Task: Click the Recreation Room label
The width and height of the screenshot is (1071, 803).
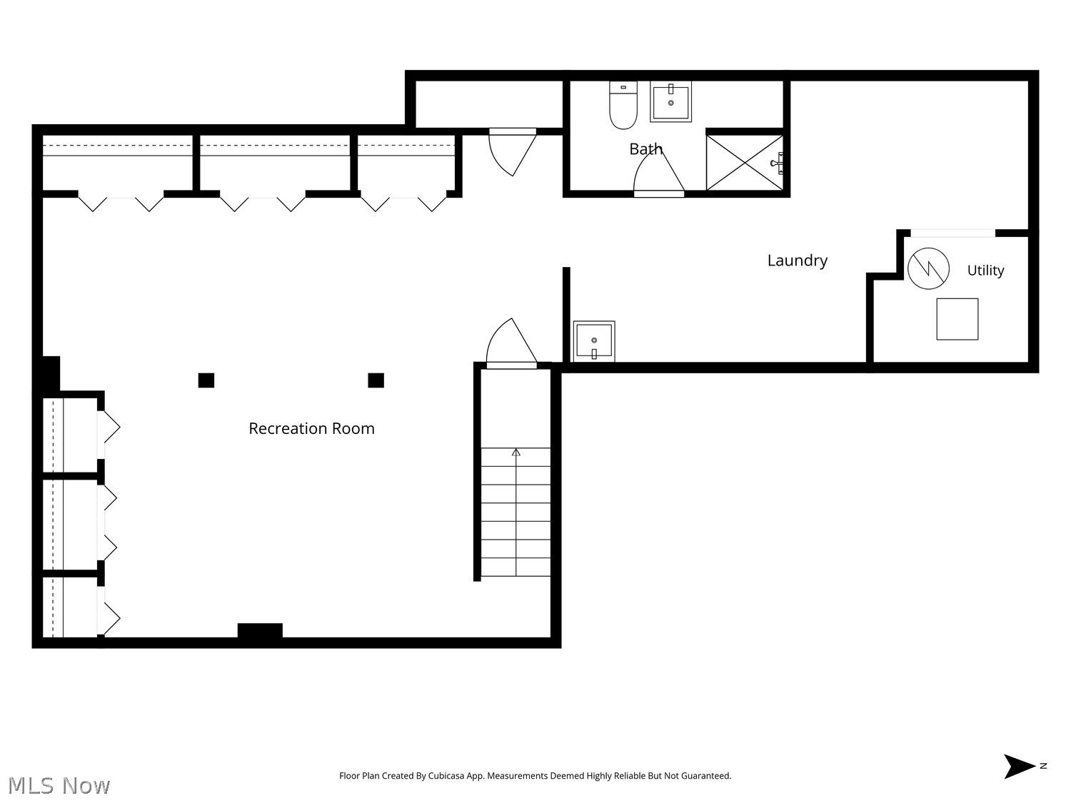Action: (311, 428)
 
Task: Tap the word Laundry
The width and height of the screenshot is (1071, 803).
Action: (797, 261)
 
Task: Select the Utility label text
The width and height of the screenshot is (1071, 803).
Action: (985, 270)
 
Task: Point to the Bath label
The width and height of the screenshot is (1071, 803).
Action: (645, 148)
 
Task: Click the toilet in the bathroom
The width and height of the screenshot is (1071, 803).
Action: (623, 105)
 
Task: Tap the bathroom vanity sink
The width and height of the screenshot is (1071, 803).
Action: (670, 101)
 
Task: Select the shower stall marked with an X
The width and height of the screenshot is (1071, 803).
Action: (745, 162)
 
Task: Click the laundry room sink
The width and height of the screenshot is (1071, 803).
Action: (594, 341)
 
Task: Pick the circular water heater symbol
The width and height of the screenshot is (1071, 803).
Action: (928, 268)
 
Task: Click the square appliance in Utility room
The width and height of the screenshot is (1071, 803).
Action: (957, 319)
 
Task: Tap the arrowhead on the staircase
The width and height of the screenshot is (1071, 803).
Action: (516, 452)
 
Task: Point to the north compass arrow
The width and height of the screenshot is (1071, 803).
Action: (1019, 767)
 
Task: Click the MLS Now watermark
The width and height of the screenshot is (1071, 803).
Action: (59, 785)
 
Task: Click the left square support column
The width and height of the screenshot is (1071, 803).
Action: (206, 380)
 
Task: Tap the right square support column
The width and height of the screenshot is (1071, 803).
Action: (376, 380)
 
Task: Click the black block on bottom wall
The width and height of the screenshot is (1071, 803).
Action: (260, 630)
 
